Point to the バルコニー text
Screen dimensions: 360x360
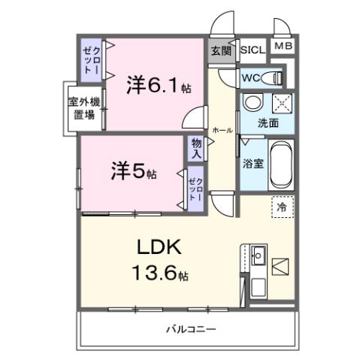pos(191,329)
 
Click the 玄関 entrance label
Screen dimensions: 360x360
pos(221,50)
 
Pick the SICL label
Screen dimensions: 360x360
pos(253,50)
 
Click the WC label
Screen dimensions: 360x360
pos(250,77)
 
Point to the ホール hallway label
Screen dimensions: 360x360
pos(222,130)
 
